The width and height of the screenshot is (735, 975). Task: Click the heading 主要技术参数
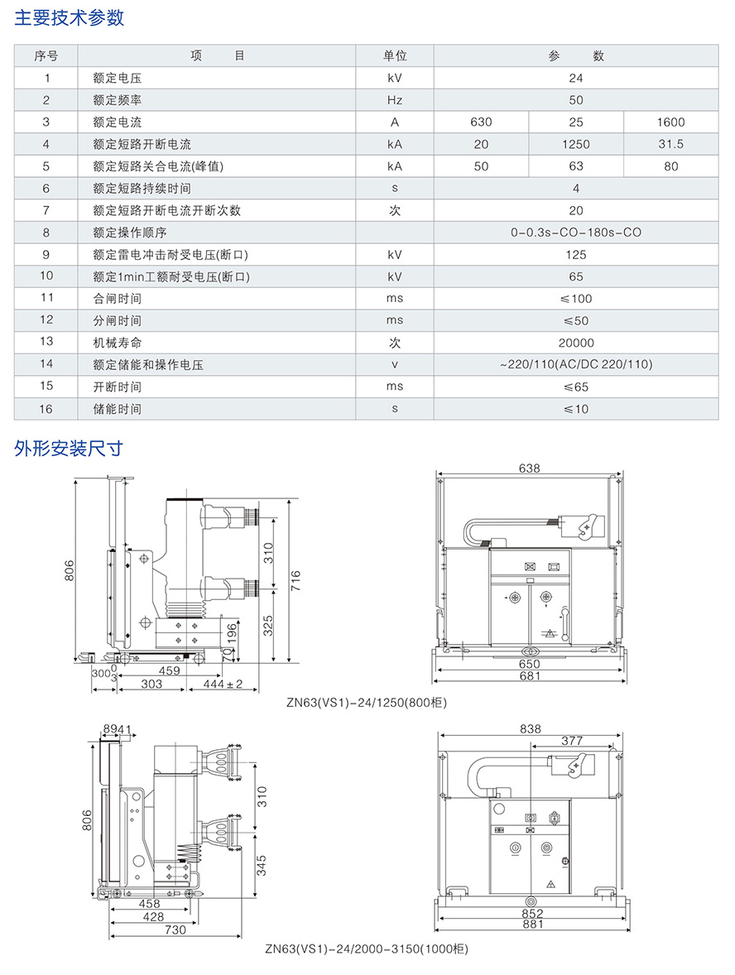(70, 17)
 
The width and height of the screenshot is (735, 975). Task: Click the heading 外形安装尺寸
(70, 449)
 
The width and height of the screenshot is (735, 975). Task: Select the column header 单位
(395, 56)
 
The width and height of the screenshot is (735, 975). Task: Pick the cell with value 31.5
(670, 144)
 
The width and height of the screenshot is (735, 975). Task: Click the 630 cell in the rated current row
(481, 122)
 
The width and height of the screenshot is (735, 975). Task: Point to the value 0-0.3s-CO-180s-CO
(576, 233)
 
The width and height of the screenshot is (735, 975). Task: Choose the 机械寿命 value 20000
(576, 343)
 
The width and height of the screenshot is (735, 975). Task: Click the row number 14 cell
(46, 364)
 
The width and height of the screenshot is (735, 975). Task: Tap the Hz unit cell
(395, 100)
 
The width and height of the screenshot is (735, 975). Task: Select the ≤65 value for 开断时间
(576, 387)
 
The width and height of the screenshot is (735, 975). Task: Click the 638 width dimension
(529, 468)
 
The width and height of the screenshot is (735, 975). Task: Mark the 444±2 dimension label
(223, 684)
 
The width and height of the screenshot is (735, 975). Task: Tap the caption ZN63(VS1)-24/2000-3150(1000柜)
(367, 949)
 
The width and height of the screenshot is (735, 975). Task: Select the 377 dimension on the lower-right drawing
(572, 741)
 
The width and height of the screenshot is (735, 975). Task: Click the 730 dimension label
(175, 929)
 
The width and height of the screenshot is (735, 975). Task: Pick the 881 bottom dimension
(533, 925)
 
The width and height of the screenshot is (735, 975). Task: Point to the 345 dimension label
(261, 865)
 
